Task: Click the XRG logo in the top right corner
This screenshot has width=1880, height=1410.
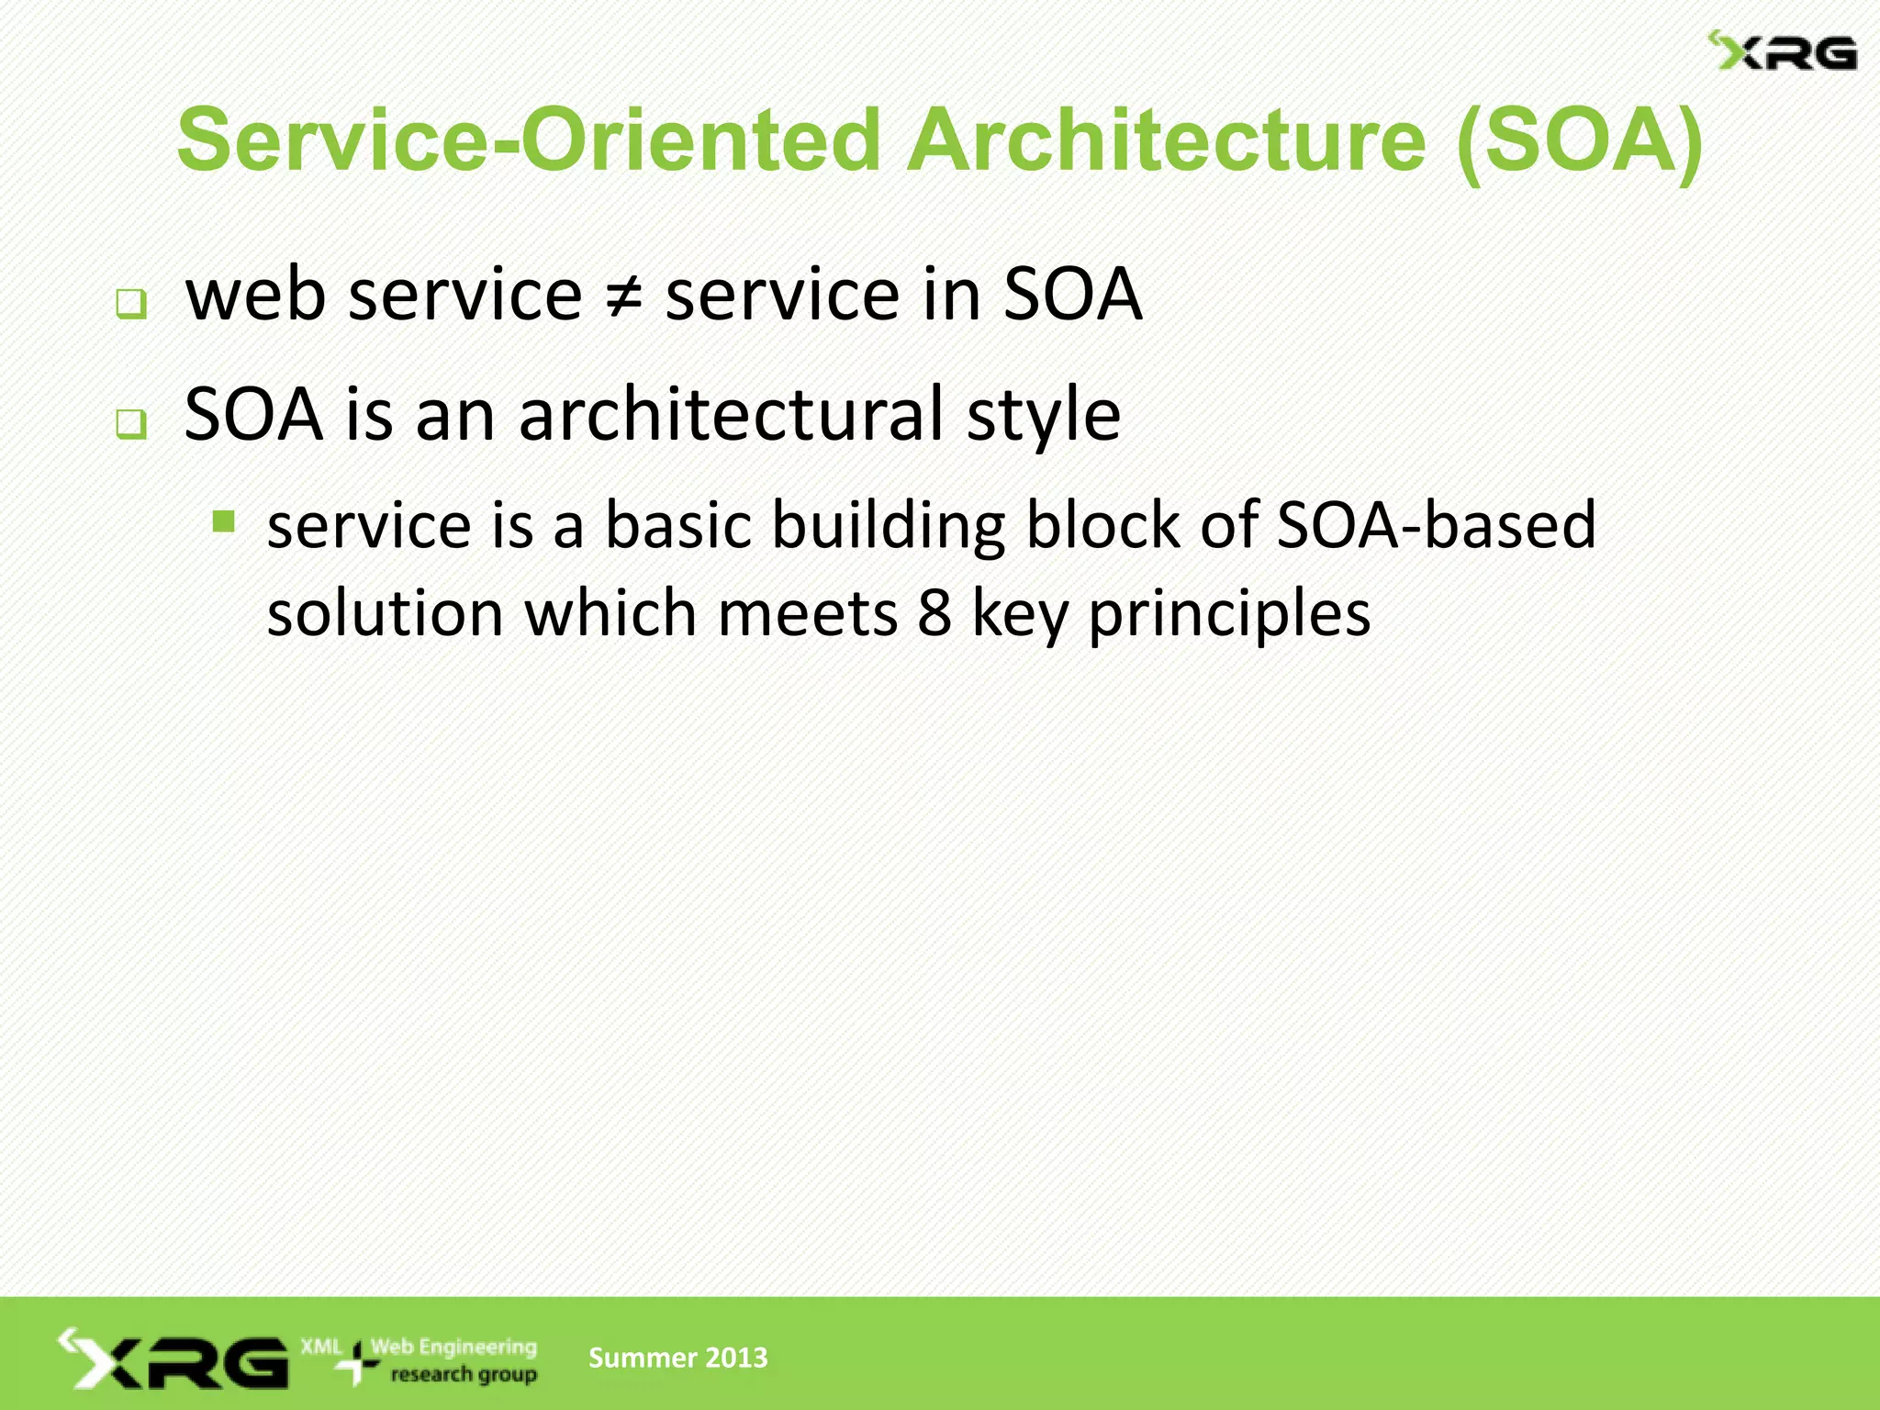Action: (1782, 52)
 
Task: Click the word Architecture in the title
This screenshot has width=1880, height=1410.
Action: (1166, 140)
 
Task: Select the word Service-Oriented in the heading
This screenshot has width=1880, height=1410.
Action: (529, 140)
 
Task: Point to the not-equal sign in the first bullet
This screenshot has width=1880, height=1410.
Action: (623, 297)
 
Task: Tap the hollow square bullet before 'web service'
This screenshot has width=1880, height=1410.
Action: (131, 304)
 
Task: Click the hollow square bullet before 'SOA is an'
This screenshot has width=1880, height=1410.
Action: (131, 424)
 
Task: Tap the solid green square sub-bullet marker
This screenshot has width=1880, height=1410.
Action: (224, 522)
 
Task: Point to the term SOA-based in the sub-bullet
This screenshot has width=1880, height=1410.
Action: (1436, 525)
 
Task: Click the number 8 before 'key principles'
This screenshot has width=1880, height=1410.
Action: (934, 613)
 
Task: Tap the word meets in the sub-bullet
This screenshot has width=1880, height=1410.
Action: (808, 613)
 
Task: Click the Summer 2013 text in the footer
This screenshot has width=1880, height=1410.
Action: (677, 1358)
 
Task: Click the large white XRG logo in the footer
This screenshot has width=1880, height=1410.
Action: (174, 1360)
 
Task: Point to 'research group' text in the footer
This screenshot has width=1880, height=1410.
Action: (464, 1375)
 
